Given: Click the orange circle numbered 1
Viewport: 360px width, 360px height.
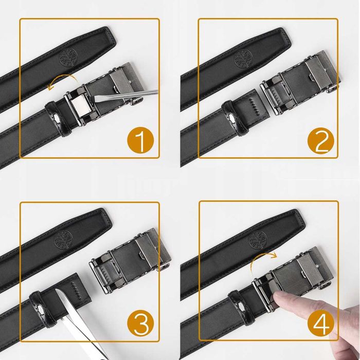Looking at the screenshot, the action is [140, 140].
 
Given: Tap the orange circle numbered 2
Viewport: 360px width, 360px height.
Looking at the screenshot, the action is [321, 141].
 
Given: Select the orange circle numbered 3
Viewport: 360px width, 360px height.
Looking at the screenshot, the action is [140, 323].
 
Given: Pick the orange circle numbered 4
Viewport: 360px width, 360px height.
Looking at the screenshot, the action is [321, 323].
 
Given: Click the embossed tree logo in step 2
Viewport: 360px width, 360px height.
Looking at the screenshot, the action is [243, 59].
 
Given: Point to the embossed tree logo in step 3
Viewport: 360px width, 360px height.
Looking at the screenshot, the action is [64, 240].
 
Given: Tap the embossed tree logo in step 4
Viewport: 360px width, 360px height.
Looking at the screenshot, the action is [257, 240].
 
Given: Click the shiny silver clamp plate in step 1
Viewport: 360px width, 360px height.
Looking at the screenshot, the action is [81, 105].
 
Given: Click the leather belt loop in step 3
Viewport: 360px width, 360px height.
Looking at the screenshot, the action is [43, 309].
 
